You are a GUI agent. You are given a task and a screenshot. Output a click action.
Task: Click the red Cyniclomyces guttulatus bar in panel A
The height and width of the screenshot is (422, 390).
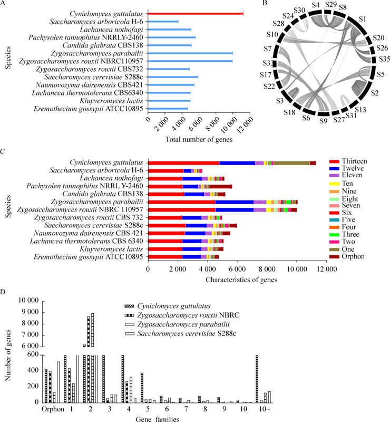[x=195, y=13]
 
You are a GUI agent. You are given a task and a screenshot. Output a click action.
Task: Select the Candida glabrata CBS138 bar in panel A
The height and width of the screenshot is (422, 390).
[x=169, y=45]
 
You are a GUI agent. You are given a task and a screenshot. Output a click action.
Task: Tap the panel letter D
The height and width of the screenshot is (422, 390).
[x=4, y=292]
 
